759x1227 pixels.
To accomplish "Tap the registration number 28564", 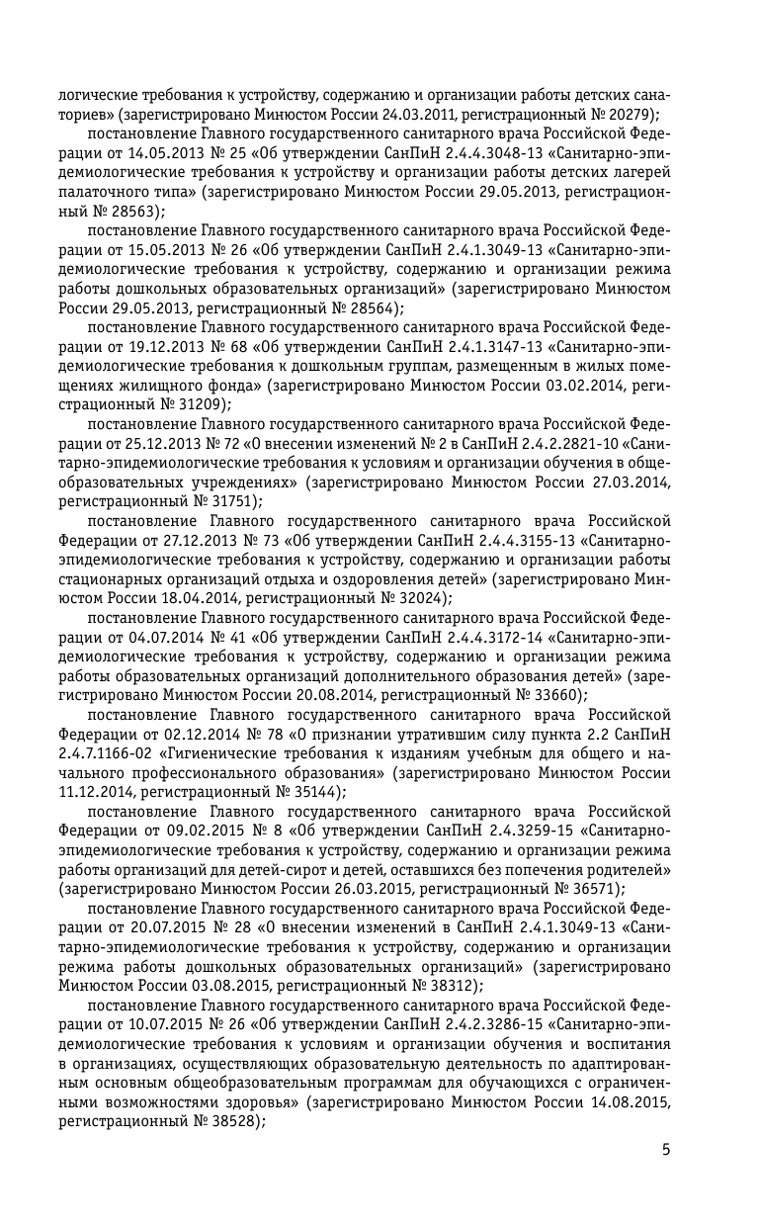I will (x=370, y=307).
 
